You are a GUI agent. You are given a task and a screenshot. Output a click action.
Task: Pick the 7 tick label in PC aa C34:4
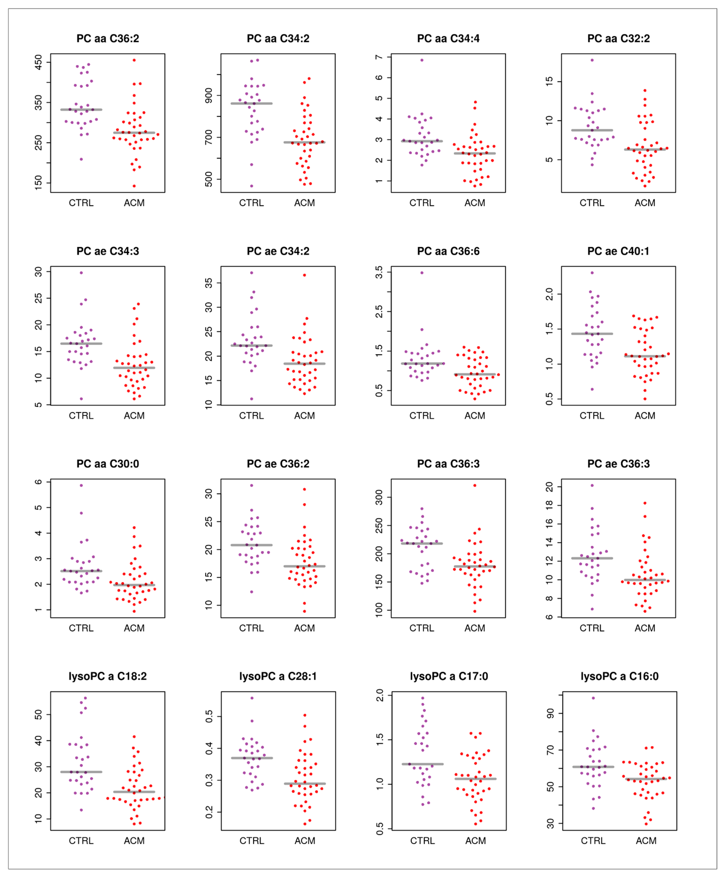[379, 57]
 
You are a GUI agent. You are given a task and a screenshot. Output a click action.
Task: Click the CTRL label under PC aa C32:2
[592, 203]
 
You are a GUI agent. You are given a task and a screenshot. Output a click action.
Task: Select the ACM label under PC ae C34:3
[134, 416]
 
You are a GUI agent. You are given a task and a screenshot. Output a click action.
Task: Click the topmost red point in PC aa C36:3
[474, 486]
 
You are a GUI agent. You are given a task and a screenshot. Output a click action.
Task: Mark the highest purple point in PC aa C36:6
[422, 273]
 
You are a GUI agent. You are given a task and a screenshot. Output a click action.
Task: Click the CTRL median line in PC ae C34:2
[251, 345]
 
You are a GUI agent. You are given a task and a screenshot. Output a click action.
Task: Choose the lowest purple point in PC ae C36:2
[251, 592]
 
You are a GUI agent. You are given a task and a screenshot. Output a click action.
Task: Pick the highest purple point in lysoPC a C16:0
[593, 698]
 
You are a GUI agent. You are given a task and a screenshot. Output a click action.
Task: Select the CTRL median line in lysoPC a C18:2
[81, 772]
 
